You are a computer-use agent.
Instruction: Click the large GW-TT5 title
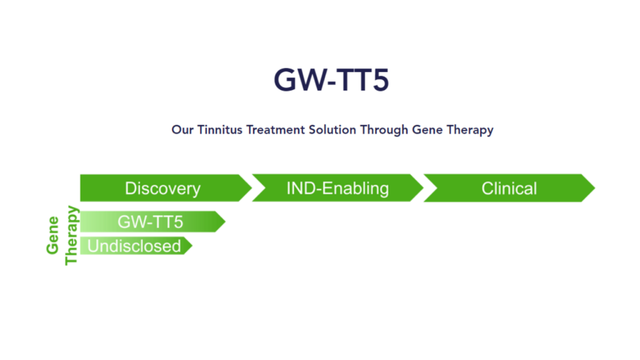[331, 79]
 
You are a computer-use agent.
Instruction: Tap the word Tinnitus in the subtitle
[220, 130]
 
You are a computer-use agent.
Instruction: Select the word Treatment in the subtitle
[276, 130]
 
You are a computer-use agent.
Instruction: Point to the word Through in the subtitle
[384, 130]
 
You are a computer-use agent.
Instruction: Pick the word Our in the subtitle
[182, 130]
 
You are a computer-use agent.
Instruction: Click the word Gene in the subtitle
[427, 130]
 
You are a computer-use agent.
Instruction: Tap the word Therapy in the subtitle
[470, 130]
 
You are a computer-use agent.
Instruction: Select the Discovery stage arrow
[166, 187]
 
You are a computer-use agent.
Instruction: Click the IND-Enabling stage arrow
[337, 187]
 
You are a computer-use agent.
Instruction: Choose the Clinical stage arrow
[509, 187]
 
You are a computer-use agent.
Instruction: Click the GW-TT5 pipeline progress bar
[152, 222]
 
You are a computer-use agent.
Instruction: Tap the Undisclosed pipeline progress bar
[136, 246]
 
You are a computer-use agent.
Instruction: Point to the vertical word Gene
[52, 235]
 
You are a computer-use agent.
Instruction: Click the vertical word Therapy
[71, 236]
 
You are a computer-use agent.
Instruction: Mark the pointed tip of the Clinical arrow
[595, 187]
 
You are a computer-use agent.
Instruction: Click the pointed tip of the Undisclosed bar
[192, 246]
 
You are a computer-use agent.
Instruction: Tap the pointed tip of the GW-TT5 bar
[225, 222]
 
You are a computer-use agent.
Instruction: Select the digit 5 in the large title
[381, 80]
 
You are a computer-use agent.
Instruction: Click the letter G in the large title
[284, 79]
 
